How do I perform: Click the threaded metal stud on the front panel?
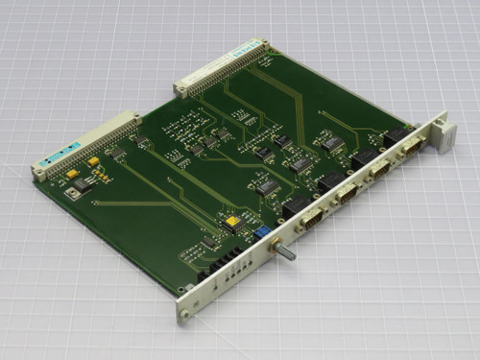tap(286, 256)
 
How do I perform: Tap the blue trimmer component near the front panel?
tap(260, 231)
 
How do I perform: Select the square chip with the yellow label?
tap(231, 224)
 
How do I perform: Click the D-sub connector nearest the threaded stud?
tap(311, 219)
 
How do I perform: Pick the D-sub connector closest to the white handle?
tap(411, 145)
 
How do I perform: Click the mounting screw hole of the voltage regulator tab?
tap(72, 192)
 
